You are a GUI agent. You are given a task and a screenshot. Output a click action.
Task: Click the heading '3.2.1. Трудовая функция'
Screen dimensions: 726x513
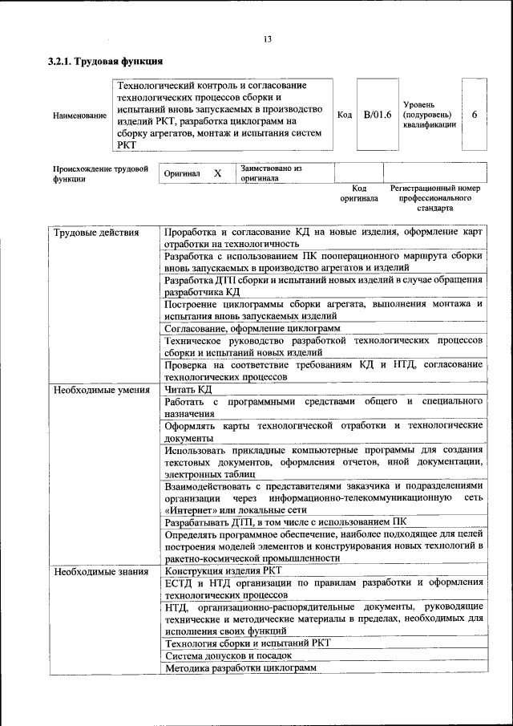click(106, 62)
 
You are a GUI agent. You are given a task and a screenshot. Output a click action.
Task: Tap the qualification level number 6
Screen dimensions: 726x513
click(474, 115)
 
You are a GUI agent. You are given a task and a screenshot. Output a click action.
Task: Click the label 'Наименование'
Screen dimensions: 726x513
click(79, 116)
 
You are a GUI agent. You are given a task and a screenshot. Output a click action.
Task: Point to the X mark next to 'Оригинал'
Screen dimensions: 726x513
click(216, 173)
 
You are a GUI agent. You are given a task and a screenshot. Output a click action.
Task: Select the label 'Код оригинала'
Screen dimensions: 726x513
click(358, 193)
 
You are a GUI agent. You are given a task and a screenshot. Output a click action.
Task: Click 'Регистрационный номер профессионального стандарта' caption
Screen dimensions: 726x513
click(434, 197)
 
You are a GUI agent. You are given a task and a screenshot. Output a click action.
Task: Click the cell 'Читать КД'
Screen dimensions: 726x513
click(188, 390)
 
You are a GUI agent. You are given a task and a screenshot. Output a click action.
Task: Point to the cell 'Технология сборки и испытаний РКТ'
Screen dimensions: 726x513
click(247, 643)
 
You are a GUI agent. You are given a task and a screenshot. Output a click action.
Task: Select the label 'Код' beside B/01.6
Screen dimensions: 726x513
click(345, 115)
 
